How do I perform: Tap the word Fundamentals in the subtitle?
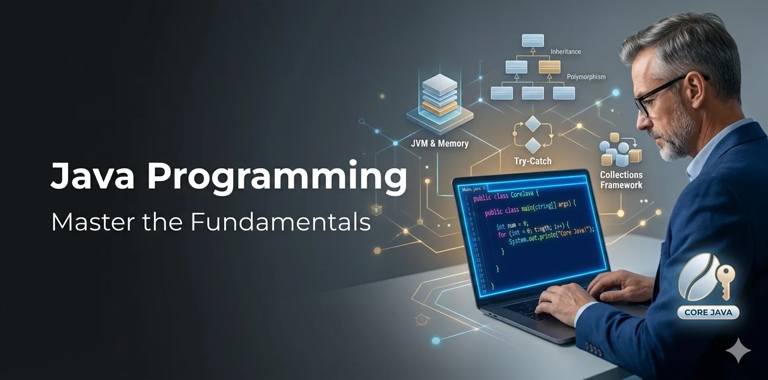pyautogui.click(x=281, y=222)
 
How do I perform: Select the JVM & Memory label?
pyautogui.click(x=439, y=143)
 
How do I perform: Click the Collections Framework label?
pyautogui.click(x=621, y=180)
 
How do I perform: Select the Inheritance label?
pyautogui.click(x=565, y=52)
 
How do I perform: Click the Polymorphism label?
pyautogui.click(x=586, y=77)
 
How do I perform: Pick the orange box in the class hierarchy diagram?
pyautogui.click(x=549, y=67)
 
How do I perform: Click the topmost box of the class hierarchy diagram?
pyautogui.click(x=533, y=40)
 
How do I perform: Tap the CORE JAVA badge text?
pyautogui.click(x=707, y=312)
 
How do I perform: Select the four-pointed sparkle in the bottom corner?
pyautogui.click(x=738, y=350)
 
